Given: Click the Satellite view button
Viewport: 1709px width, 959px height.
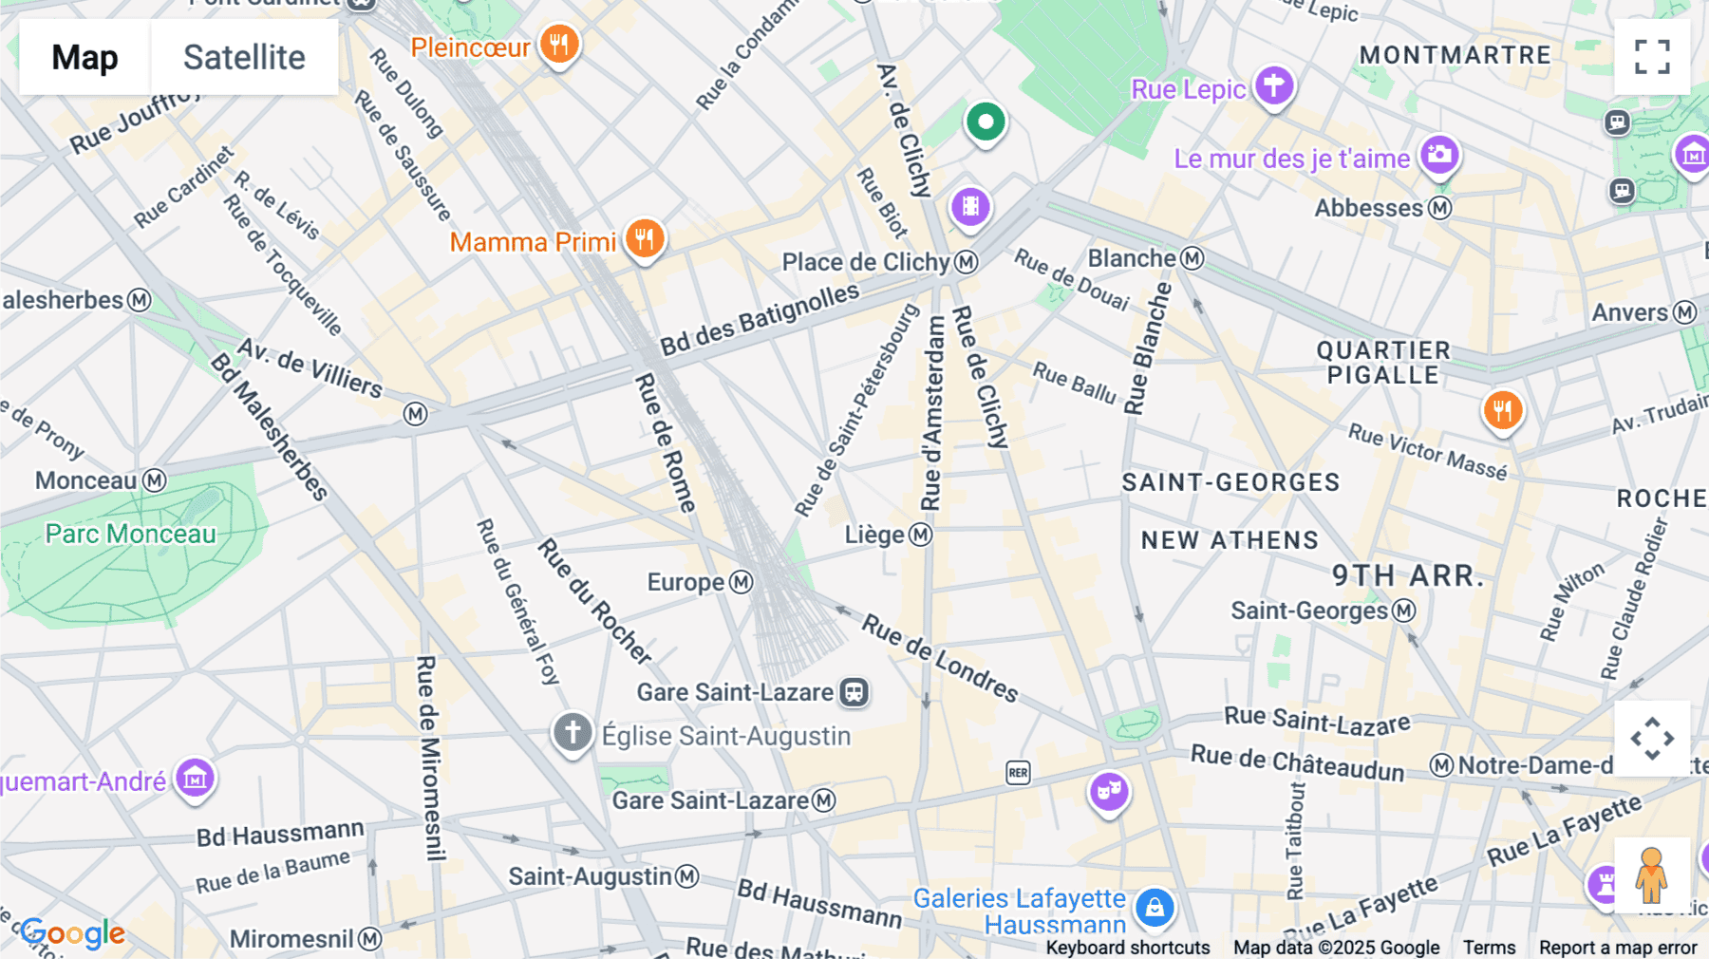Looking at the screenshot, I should (244, 57).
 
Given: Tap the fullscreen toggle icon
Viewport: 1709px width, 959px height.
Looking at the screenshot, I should (1652, 57).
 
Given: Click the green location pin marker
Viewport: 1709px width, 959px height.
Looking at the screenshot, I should (986, 122).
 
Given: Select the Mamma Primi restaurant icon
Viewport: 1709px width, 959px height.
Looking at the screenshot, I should (645, 239).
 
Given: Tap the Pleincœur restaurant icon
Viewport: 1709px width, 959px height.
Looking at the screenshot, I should (559, 45).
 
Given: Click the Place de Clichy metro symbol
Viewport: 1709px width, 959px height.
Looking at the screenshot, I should (967, 262).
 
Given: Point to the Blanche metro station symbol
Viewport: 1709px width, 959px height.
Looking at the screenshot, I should (1193, 258).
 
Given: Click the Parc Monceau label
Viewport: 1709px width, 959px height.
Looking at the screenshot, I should (131, 534).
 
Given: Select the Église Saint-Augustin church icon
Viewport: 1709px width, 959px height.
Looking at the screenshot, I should (573, 733).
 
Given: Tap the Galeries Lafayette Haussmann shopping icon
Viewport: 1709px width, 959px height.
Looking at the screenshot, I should (1155, 908).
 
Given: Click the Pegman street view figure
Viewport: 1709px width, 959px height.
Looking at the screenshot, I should (1651, 874).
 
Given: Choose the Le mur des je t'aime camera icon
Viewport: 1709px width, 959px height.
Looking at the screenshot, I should (1439, 156).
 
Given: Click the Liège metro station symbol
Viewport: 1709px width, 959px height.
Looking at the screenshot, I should (920, 535).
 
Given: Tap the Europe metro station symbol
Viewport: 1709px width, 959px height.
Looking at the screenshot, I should (741, 582).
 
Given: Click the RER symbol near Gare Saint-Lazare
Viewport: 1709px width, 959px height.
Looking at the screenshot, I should (1018, 773).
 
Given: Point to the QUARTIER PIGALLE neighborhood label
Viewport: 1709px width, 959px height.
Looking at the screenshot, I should (1383, 363).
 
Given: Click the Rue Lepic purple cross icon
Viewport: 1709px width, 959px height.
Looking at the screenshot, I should (1273, 86).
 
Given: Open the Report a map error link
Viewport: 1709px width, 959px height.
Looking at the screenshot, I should (1617, 948).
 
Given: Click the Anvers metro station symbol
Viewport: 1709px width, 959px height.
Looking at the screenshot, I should (1685, 312).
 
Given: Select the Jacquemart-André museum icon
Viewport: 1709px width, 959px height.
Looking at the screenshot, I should (195, 779).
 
